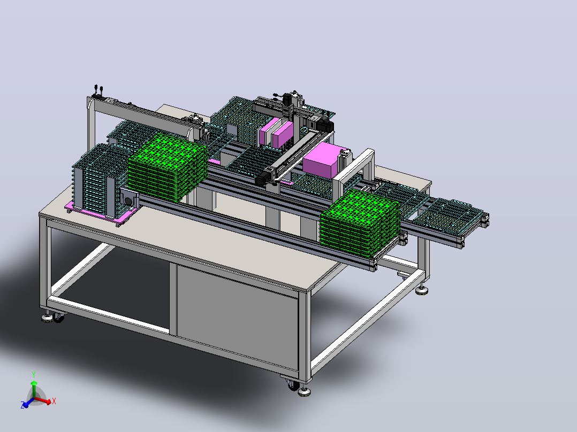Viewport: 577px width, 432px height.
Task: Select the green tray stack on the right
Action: click(360, 222)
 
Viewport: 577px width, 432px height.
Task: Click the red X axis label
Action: click(54, 401)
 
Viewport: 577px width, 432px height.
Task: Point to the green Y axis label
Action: click(34, 375)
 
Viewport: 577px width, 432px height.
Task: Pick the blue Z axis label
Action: click(23, 405)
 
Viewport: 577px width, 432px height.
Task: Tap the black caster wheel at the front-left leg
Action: click(59, 318)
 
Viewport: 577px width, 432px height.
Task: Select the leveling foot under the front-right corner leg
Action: click(305, 391)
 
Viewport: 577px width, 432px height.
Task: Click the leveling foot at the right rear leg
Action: click(422, 290)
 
